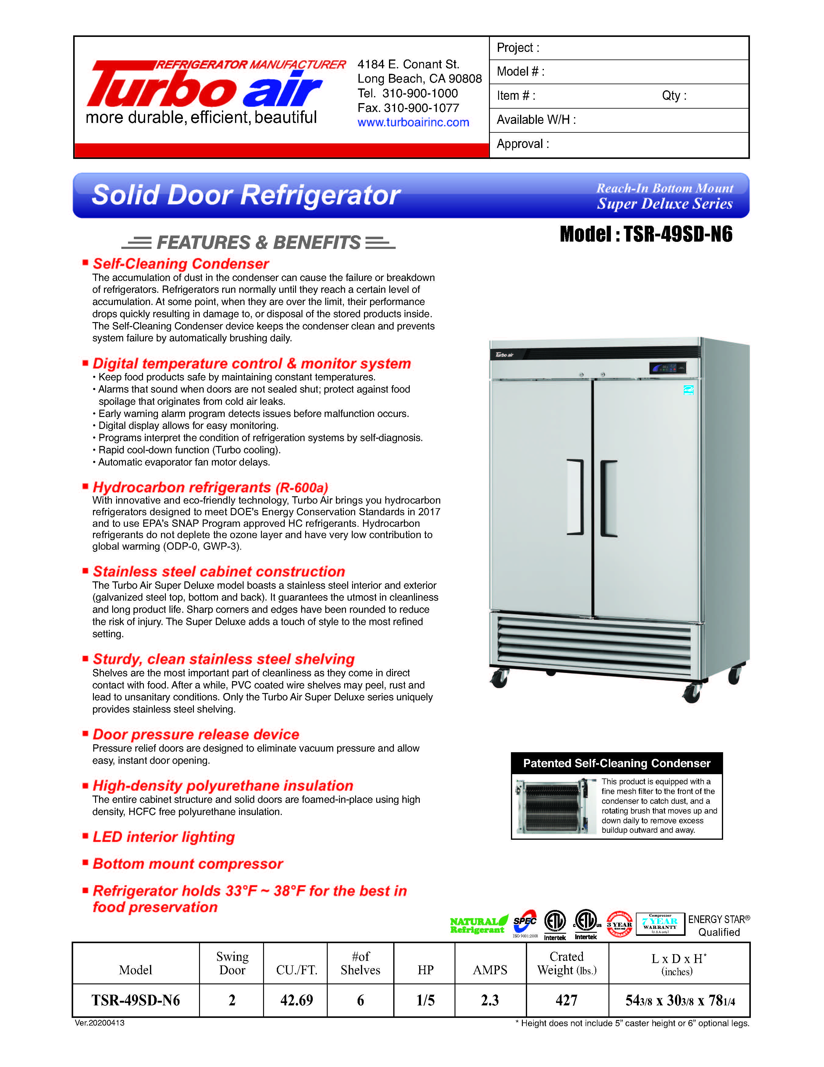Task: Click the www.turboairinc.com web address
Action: (x=413, y=123)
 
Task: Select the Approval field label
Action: (x=522, y=144)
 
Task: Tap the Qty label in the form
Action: (x=674, y=96)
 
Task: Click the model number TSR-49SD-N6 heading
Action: (x=646, y=235)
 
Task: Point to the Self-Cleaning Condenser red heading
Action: (x=180, y=264)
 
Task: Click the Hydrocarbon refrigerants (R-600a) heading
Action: (x=210, y=487)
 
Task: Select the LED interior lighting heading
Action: (x=163, y=837)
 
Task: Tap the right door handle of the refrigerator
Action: (x=608, y=498)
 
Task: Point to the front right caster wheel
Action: (x=692, y=692)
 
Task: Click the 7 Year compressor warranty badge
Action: (x=660, y=924)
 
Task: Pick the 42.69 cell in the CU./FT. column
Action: (x=296, y=1000)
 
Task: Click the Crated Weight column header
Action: (x=567, y=963)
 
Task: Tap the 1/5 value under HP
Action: (x=425, y=1000)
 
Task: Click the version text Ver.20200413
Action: (x=100, y=1023)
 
